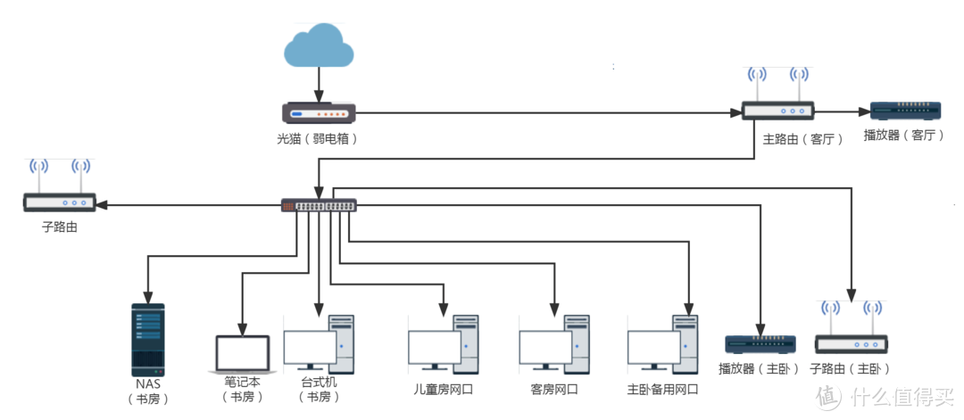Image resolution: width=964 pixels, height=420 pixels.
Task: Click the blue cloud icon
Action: pyautogui.click(x=318, y=47)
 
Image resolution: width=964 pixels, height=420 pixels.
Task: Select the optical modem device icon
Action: pyautogui.click(x=319, y=113)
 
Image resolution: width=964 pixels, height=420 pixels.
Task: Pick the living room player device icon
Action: pyautogui.click(x=906, y=111)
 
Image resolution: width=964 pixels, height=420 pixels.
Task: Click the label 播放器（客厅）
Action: pyautogui.click(x=903, y=136)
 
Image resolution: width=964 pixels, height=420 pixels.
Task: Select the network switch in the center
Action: pyautogui.click(x=319, y=205)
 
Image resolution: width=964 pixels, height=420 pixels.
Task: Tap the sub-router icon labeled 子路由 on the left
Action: pyautogui.click(x=59, y=202)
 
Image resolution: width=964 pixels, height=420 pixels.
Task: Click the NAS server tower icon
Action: pyautogui.click(x=148, y=339)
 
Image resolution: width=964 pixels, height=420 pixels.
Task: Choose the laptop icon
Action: pyautogui.click(x=242, y=354)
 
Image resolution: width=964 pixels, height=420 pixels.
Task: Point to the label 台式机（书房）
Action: pyautogui.click(x=318, y=389)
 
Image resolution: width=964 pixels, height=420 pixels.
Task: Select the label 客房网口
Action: pyautogui.click(x=553, y=390)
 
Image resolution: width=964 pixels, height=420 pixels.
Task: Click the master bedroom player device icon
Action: pyautogui.click(x=760, y=343)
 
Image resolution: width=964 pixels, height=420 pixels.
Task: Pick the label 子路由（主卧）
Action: pyautogui.click(x=850, y=368)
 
